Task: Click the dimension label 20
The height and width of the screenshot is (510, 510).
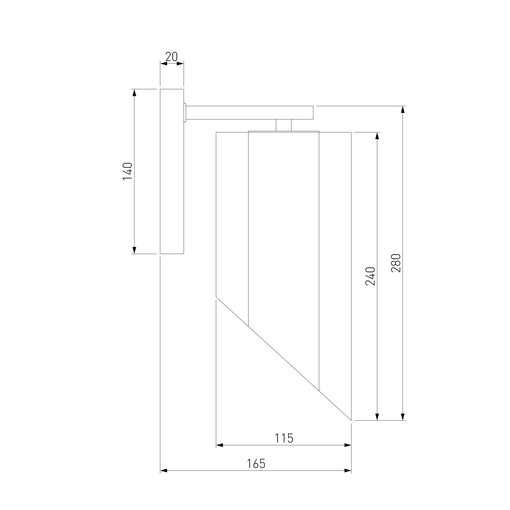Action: click(x=171, y=57)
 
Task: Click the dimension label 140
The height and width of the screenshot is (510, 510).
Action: click(x=128, y=172)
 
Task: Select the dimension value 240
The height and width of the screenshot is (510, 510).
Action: click(x=371, y=276)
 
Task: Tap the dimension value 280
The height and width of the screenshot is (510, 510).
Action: click(x=396, y=263)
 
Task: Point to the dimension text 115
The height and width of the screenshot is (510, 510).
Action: click(x=284, y=438)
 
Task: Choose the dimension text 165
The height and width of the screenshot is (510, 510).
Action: click(x=256, y=464)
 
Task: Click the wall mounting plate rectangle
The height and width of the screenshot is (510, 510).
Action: click(x=172, y=172)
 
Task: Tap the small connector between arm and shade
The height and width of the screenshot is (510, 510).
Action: click(x=283, y=125)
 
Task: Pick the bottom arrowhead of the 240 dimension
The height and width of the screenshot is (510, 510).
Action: click(x=377, y=416)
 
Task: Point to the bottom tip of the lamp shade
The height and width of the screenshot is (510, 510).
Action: click(x=351, y=419)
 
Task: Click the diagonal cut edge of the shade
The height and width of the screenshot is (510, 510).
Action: click(x=283, y=360)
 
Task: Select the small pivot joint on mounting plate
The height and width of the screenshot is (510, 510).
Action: click(x=185, y=113)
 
